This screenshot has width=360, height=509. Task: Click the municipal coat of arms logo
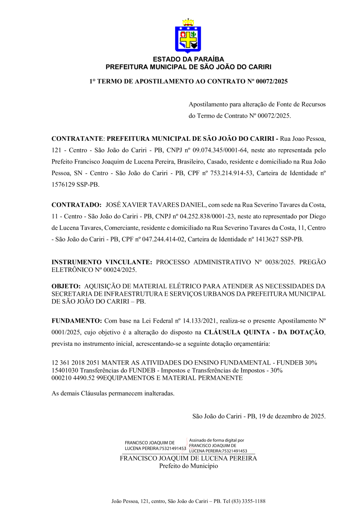(x=188, y=36)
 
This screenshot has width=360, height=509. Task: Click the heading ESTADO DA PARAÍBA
(x=188, y=60)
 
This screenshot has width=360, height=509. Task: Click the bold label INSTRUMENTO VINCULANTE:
(x=102, y=262)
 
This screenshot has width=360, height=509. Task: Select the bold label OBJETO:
(x=66, y=286)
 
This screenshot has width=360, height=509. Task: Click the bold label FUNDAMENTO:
(x=77, y=321)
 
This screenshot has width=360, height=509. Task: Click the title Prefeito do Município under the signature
(x=188, y=466)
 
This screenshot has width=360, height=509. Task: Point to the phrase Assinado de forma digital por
(x=216, y=440)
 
